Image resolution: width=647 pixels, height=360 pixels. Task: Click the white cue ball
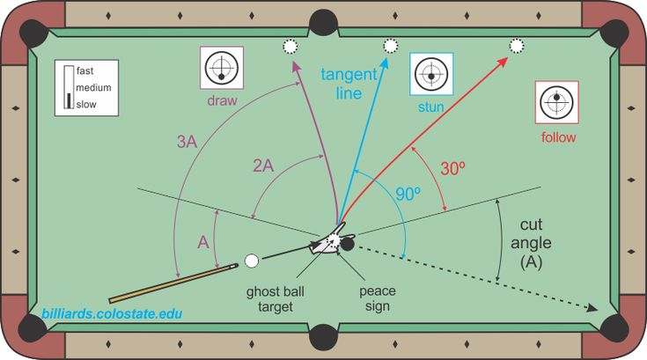(x=252, y=261)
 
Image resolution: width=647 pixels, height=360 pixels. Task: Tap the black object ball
(x=347, y=244)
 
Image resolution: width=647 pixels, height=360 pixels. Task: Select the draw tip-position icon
(x=222, y=68)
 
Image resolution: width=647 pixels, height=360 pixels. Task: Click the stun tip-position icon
(x=431, y=74)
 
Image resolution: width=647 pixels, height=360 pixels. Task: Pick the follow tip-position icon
(x=556, y=102)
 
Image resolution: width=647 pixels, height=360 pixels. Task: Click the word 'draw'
(x=222, y=100)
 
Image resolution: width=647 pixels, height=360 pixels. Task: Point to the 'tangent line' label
(x=349, y=84)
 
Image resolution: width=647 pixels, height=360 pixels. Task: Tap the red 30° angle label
(x=452, y=168)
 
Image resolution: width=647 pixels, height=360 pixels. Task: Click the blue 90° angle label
(x=408, y=194)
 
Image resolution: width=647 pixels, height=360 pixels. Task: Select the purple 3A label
(x=187, y=142)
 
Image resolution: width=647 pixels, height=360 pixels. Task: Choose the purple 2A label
(x=263, y=165)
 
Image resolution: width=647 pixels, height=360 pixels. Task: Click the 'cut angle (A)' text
(x=531, y=243)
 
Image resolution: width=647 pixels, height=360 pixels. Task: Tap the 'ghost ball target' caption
(x=276, y=299)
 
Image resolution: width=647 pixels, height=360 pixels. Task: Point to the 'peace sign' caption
(x=377, y=298)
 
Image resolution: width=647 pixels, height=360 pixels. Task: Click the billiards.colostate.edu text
(x=112, y=314)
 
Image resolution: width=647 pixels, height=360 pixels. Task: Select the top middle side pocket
(x=324, y=23)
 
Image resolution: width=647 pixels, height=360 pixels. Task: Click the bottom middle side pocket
(x=324, y=337)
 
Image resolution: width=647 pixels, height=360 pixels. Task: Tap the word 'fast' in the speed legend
(x=85, y=71)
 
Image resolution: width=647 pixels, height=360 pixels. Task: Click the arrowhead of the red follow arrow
(x=503, y=62)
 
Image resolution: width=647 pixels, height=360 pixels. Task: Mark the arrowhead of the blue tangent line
(x=385, y=63)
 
